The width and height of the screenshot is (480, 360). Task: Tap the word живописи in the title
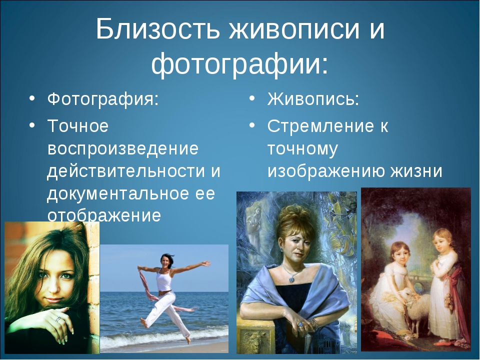(x=293, y=29)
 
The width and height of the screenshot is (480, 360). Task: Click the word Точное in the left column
(x=78, y=125)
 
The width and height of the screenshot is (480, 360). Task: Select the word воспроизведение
(x=123, y=149)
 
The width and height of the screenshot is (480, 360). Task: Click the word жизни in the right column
(x=416, y=171)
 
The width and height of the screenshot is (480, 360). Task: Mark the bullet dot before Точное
(x=32, y=126)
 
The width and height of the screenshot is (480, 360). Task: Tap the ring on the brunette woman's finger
(x=57, y=319)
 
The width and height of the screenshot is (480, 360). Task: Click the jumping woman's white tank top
(x=164, y=280)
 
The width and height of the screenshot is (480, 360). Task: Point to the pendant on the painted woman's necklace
(x=291, y=279)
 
